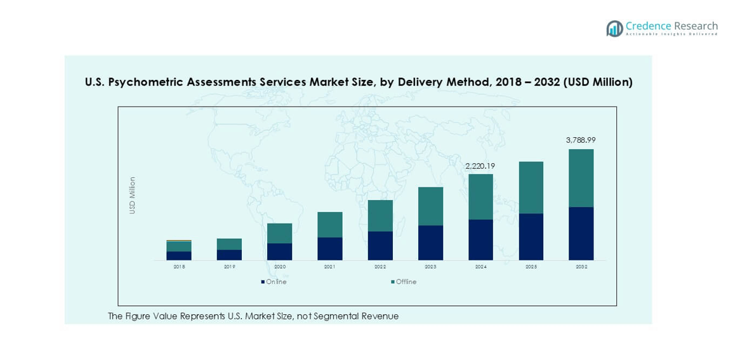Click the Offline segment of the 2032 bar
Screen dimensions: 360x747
(x=581, y=178)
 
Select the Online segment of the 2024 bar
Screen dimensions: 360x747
(x=480, y=239)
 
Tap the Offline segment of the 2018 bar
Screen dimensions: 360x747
(x=179, y=246)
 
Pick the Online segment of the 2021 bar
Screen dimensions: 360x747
(x=329, y=248)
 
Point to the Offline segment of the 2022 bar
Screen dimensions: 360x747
(x=380, y=216)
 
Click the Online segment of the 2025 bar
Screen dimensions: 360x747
(x=531, y=237)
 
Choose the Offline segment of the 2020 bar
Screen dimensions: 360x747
(x=279, y=233)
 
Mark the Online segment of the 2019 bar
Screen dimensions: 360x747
(x=229, y=255)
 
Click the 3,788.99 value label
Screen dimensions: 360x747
(x=581, y=140)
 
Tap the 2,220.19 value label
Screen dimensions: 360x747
(x=480, y=166)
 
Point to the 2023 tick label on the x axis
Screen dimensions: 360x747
(x=430, y=267)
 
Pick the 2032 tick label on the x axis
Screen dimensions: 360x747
(x=581, y=267)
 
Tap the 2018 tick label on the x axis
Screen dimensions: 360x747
(x=179, y=267)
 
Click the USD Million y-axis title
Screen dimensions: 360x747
(x=133, y=195)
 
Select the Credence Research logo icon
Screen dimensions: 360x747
(x=614, y=29)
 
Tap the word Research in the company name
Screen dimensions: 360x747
(x=696, y=26)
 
